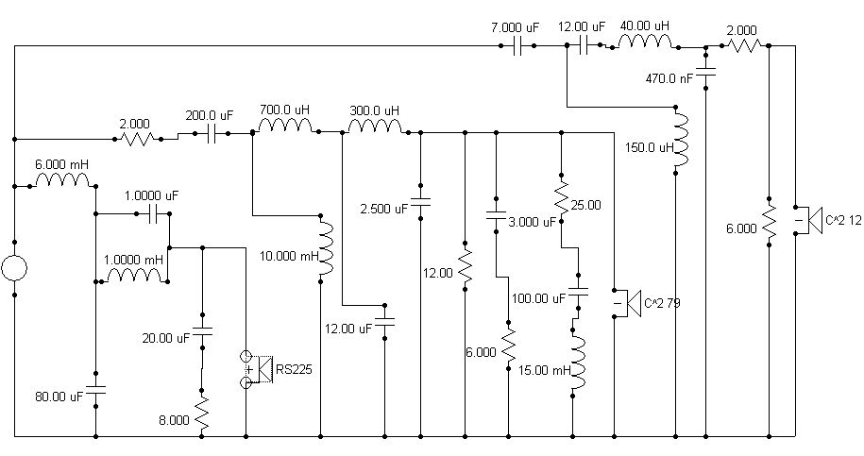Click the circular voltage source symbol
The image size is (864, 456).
pyautogui.click(x=14, y=269)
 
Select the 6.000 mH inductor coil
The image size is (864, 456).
pyautogui.click(x=62, y=180)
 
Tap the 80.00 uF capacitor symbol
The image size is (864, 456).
pyautogui.click(x=96, y=390)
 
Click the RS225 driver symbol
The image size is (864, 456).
pyautogui.click(x=258, y=369)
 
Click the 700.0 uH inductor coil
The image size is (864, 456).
pyautogui.click(x=286, y=126)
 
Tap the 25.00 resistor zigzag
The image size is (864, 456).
pyautogui.click(x=562, y=198)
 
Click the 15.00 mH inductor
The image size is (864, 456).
pyautogui.click(x=578, y=361)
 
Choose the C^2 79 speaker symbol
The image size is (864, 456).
pyautogui.click(x=628, y=302)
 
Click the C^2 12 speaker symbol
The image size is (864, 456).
pyautogui.click(x=808, y=220)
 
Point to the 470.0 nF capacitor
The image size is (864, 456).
pyautogui.click(x=706, y=72)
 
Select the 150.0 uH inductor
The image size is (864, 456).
pyautogui.click(x=682, y=140)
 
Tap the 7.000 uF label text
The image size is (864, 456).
pyautogui.click(x=516, y=27)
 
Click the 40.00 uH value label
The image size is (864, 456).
pyautogui.click(x=644, y=25)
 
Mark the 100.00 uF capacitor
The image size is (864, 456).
pyautogui.click(x=578, y=293)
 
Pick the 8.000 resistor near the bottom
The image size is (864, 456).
pyautogui.click(x=202, y=413)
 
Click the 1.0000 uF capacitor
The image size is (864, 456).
pyautogui.click(x=153, y=214)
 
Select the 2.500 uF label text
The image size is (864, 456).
pyautogui.click(x=384, y=209)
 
